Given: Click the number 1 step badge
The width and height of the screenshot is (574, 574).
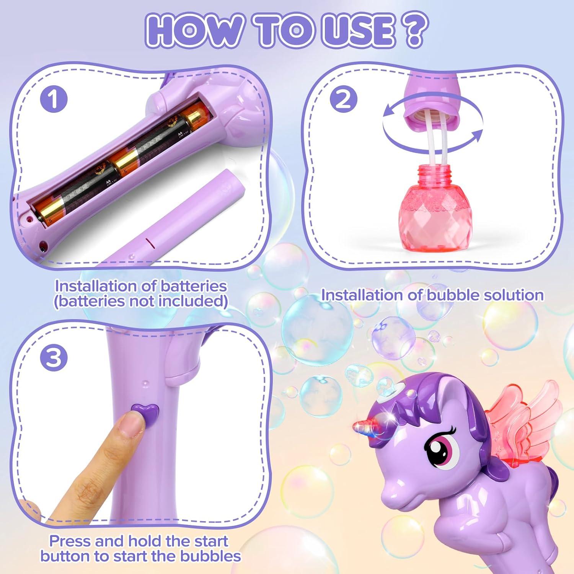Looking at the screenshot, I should click(x=54, y=99).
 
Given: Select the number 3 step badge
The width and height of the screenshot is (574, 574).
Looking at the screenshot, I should click(x=54, y=358).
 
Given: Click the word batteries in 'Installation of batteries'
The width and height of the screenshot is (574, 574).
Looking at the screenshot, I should click(x=193, y=286).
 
